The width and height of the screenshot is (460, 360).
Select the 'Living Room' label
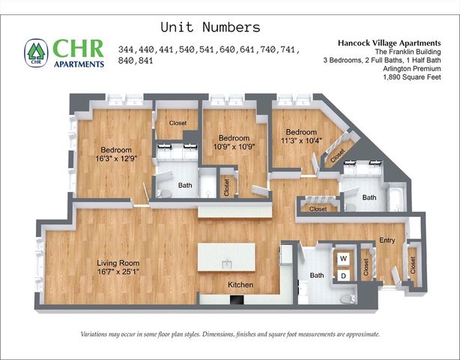[x=118, y=262]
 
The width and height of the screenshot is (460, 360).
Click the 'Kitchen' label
[x=240, y=285]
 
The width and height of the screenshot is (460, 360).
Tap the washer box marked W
[x=344, y=259]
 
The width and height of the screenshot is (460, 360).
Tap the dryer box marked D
[x=344, y=276]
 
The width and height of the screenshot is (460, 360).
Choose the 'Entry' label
[x=387, y=240]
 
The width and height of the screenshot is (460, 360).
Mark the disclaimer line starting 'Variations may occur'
[x=230, y=334]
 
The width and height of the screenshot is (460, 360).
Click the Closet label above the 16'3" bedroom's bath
[x=178, y=122]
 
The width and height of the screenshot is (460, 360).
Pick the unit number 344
[x=127, y=50]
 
